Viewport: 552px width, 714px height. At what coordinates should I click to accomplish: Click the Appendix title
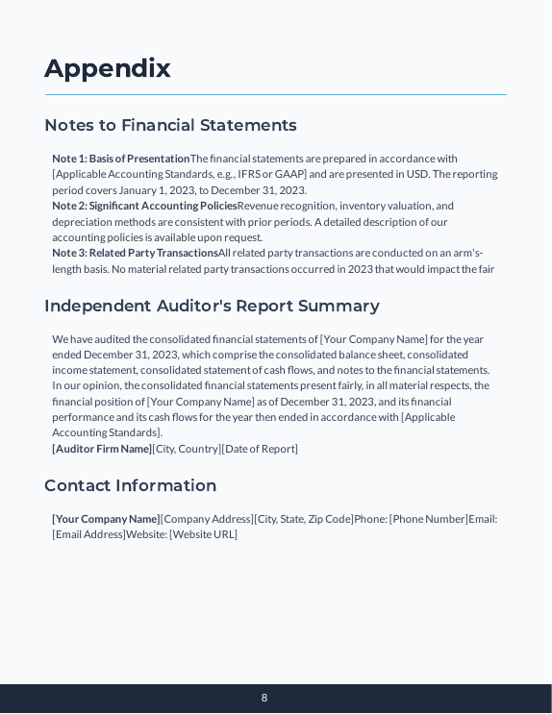point(108,68)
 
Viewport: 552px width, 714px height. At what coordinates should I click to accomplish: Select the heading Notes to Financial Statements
point(170,125)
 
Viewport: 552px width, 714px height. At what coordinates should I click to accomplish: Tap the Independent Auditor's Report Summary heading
point(212,306)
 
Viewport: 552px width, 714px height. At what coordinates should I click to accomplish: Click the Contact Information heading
point(130,485)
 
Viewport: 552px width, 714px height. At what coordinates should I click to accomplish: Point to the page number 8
point(264,699)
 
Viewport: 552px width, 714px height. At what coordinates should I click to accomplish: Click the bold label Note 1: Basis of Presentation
point(121,159)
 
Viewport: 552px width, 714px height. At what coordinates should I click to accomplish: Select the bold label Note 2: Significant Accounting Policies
point(144,206)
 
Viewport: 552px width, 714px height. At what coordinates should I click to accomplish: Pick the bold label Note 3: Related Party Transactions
point(135,253)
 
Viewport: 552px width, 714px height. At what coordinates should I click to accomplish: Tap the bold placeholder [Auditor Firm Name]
point(102,449)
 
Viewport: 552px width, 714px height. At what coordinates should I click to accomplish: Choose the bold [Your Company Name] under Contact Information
point(106,519)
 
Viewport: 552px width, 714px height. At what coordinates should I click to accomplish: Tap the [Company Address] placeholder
point(207,519)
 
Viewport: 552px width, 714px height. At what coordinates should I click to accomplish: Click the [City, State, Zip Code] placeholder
point(304,519)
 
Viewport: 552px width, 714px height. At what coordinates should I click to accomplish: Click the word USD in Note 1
point(417,174)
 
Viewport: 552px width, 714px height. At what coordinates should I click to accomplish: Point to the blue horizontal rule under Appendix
point(276,95)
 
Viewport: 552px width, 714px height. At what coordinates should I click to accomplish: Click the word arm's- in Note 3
point(465,253)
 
